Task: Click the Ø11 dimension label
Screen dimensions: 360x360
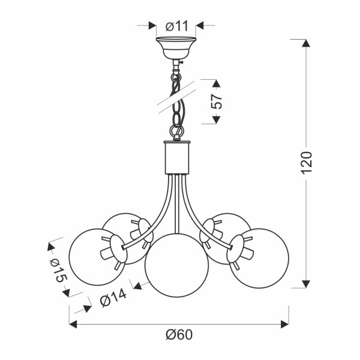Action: point(177,26)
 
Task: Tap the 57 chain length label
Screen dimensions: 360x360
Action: point(217,101)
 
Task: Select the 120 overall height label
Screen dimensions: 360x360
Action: point(307,163)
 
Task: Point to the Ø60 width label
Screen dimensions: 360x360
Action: point(179,335)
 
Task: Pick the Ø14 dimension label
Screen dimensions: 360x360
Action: point(113,298)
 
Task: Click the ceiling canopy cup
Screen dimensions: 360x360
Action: point(176,48)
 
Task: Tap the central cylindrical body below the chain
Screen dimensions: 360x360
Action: point(177,157)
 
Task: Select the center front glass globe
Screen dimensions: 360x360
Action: point(177,265)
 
